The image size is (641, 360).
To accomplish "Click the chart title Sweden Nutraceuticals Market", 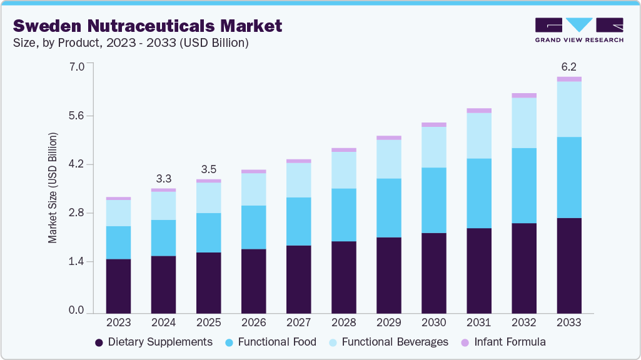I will click(x=148, y=26).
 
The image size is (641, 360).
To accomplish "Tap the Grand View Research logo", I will click(x=578, y=30).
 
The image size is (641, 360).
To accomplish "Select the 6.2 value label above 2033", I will click(x=568, y=66).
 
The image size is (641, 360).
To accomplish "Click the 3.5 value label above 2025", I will click(x=208, y=169).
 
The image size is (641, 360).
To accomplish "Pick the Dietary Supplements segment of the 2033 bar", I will click(x=569, y=265).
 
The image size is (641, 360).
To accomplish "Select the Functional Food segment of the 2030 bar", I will click(x=434, y=200).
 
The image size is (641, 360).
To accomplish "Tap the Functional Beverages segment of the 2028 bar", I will click(x=343, y=170).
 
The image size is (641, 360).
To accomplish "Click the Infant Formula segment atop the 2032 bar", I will click(x=524, y=96).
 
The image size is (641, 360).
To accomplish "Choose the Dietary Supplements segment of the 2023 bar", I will click(x=118, y=286).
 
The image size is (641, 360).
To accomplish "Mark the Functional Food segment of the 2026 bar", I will click(x=253, y=227).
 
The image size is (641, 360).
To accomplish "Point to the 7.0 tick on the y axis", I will click(x=76, y=66).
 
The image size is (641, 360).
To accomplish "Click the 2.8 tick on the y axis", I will click(x=76, y=213).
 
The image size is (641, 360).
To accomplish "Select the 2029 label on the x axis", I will click(x=388, y=322).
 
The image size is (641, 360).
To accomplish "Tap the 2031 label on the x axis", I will click(x=479, y=322).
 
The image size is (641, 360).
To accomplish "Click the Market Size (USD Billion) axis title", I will click(x=53, y=187).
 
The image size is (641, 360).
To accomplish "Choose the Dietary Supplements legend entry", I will click(x=153, y=342).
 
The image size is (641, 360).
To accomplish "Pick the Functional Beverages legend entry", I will click(x=388, y=342).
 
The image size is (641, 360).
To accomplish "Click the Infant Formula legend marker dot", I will click(x=465, y=342).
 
